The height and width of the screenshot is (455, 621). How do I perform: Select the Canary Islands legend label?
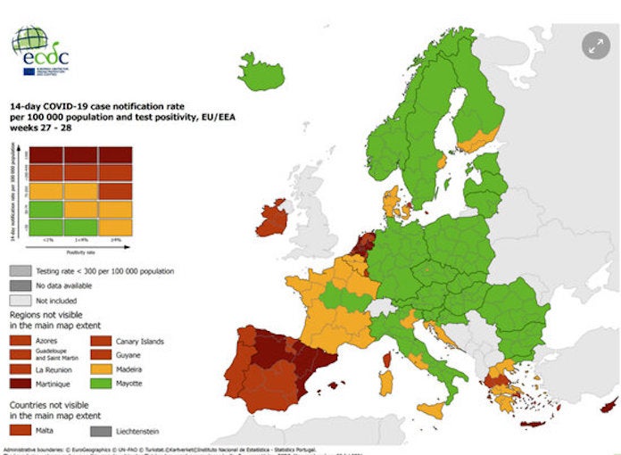pos(140,341)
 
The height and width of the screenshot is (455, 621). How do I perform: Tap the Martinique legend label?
pos(55,382)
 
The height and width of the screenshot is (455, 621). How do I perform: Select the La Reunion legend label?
pos(55,368)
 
